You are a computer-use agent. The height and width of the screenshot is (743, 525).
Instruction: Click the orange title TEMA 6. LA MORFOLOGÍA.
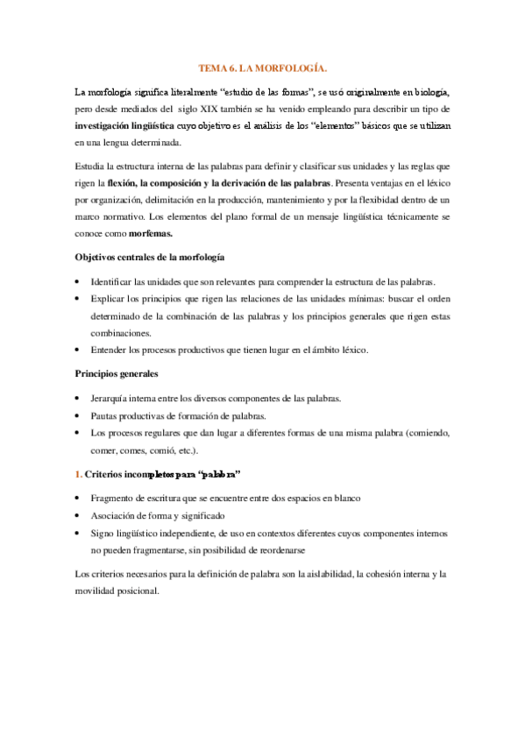(262, 67)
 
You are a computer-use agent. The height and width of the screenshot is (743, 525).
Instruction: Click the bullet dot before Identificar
(78, 282)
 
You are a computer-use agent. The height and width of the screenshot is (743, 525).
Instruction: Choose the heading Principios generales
(117, 374)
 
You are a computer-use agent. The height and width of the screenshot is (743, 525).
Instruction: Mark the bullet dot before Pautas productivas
(78, 415)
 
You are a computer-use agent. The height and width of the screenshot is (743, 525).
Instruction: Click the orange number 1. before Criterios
(78, 474)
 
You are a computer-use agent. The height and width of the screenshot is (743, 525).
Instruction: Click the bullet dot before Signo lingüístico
(78, 533)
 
